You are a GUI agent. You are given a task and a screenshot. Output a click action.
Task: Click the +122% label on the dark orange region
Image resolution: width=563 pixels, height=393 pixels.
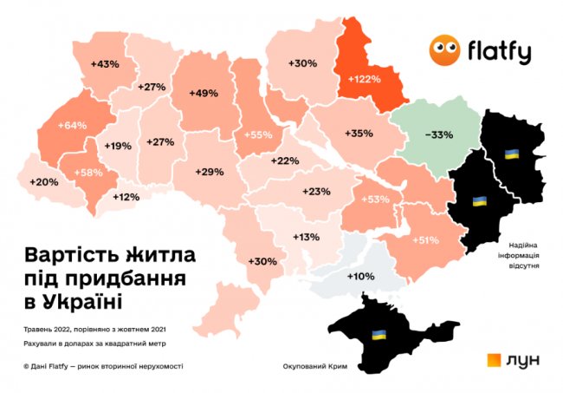click(364, 79)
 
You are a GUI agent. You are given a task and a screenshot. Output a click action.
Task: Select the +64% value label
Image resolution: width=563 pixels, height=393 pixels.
click(73, 126)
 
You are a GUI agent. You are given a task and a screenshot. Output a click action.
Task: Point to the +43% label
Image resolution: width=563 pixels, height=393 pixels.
click(104, 64)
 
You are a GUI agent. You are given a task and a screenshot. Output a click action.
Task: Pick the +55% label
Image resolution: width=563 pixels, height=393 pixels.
click(258, 135)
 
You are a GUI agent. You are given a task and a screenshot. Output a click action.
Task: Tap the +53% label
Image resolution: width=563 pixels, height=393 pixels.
click(374, 200)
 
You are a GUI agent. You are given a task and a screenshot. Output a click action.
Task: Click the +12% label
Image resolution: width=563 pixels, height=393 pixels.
click(126, 197)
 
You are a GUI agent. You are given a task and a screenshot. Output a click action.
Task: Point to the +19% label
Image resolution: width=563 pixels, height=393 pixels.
click(118, 146)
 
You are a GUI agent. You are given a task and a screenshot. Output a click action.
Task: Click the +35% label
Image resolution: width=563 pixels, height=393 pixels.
click(359, 134)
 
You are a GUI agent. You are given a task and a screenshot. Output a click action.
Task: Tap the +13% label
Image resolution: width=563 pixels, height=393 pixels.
click(306, 237)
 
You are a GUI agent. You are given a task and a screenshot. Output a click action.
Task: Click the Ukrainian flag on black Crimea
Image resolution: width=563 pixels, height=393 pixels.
click(378, 334)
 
